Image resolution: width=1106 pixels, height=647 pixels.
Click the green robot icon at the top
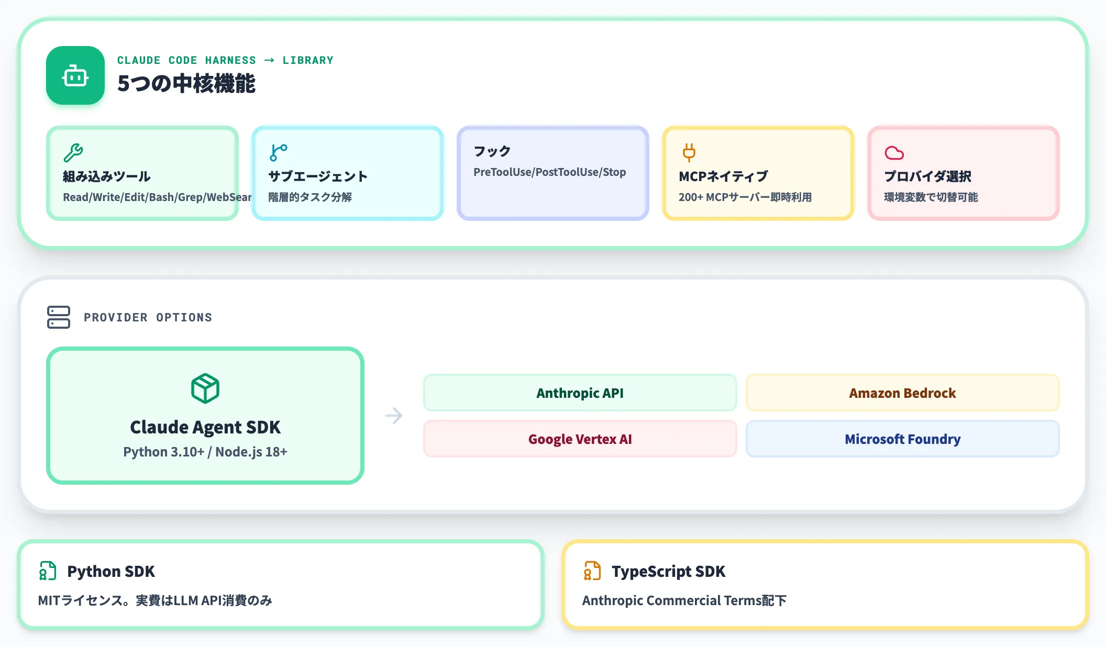[x=75, y=76]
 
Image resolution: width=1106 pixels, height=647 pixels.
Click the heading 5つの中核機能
[x=186, y=84]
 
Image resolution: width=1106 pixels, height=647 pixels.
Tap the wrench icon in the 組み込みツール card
[x=73, y=152]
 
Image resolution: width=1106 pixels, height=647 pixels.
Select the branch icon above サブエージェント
[x=279, y=152]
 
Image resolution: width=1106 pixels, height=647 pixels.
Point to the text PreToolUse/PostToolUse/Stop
[x=549, y=172]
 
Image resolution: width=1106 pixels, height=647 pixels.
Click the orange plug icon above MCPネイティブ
[x=689, y=152]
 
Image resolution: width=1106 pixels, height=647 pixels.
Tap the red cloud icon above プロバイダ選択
[x=894, y=153]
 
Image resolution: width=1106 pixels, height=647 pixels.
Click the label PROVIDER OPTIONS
[x=148, y=317]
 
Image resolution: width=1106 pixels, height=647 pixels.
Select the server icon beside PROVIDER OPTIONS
[x=59, y=317]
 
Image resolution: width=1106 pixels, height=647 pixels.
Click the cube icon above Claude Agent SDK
[x=205, y=388]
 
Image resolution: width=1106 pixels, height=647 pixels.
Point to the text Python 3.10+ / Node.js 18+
[x=205, y=452]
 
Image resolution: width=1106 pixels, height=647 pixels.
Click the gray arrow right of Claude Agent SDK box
[x=394, y=416]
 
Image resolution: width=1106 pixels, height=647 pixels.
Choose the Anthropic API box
[x=580, y=393]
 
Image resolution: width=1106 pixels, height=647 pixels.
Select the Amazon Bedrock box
[x=903, y=393]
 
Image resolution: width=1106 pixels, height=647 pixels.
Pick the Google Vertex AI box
[x=580, y=439]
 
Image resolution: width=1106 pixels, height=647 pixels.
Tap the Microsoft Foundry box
[x=903, y=439]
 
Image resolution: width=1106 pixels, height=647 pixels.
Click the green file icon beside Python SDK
[x=48, y=571]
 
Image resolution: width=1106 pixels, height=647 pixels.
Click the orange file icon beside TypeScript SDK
[x=592, y=571]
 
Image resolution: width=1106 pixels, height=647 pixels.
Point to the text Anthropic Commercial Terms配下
[x=684, y=600]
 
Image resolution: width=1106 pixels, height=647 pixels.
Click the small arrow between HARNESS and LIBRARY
[x=269, y=60]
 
